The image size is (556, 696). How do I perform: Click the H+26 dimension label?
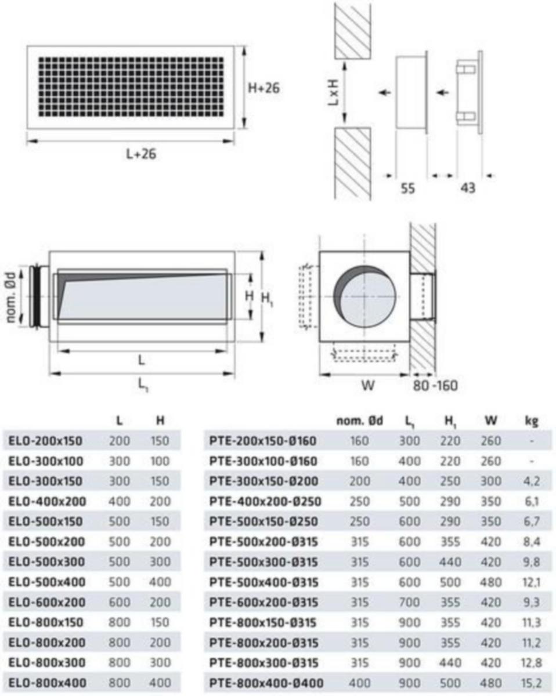(263, 88)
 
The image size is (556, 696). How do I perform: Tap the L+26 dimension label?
(141, 154)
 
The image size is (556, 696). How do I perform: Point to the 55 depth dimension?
(407, 188)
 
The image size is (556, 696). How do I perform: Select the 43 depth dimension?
(468, 188)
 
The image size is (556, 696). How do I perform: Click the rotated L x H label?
(333, 92)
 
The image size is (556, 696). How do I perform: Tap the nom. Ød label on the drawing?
(11, 297)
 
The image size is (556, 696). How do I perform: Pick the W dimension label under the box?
(367, 385)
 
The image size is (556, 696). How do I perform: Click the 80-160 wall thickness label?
(435, 386)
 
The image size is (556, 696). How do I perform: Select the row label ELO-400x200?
(47, 501)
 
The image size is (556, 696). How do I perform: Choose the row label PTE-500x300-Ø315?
(263, 562)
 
